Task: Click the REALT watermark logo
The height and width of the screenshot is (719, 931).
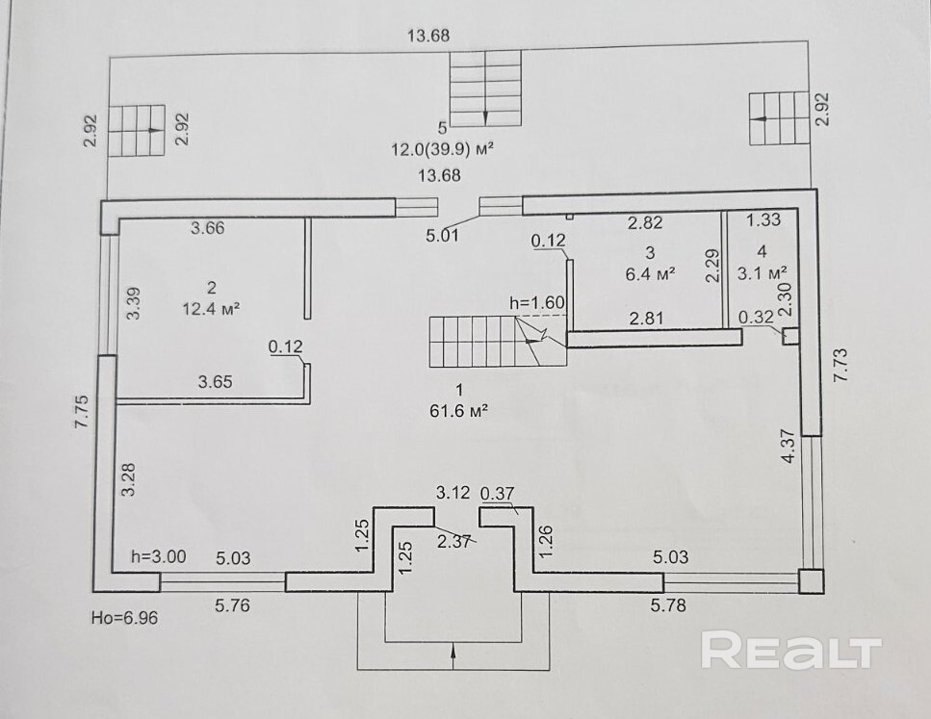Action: (x=790, y=651)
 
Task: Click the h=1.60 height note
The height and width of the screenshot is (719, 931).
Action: (x=536, y=303)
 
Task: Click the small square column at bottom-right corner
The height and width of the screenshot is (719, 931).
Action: (x=811, y=582)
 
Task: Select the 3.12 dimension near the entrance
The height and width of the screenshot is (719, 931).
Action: (x=452, y=492)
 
